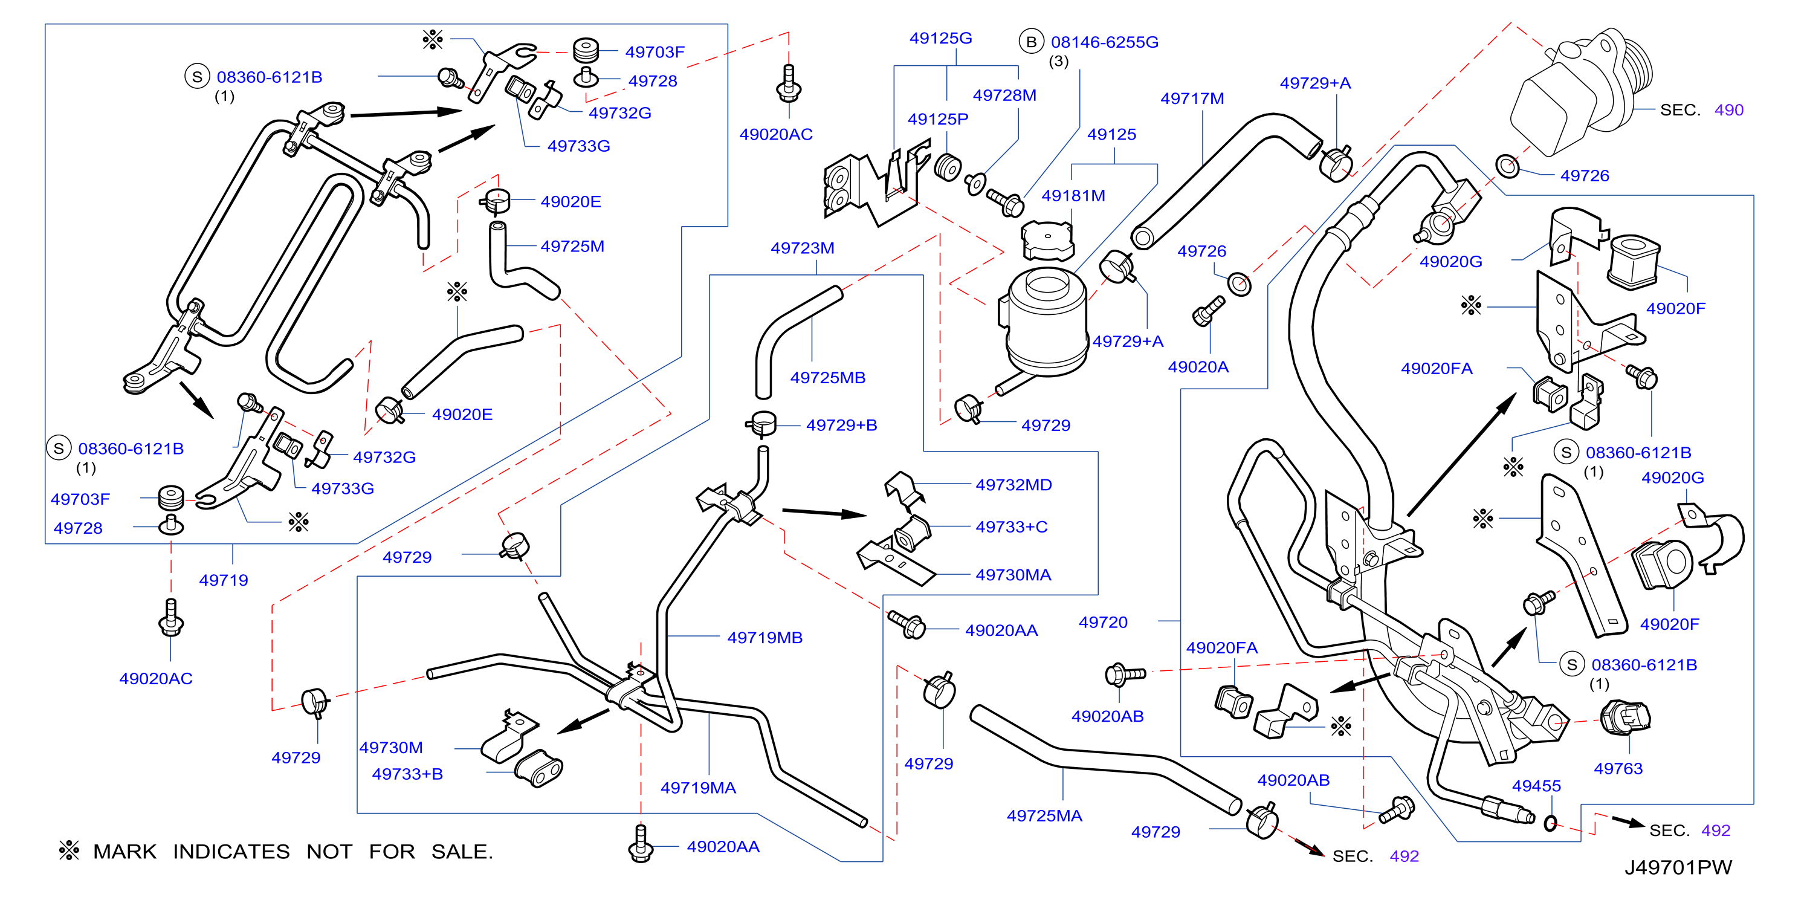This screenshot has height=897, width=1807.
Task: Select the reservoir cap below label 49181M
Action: click(1047, 241)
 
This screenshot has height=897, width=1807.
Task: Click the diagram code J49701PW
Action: click(1678, 867)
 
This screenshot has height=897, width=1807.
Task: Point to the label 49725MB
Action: click(828, 377)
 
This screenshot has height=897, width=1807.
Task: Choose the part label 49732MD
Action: click(1013, 485)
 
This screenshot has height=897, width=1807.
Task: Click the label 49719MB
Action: click(764, 638)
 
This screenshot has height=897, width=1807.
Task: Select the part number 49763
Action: click(1618, 768)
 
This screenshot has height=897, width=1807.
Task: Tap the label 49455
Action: click(1536, 786)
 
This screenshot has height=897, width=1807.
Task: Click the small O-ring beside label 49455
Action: click(1551, 823)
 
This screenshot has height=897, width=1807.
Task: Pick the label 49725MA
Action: click(1044, 815)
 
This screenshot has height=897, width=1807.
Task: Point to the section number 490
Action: click(1728, 109)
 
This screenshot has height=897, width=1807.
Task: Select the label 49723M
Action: click(803, 248)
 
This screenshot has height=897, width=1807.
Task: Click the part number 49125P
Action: click(938, 118)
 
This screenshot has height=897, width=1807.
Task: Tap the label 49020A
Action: click(1198, 367)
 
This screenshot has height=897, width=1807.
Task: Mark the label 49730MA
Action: click(1013, 575)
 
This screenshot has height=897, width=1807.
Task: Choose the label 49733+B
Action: click(407, 774)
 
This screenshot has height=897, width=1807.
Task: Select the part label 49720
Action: click(1103, 622)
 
